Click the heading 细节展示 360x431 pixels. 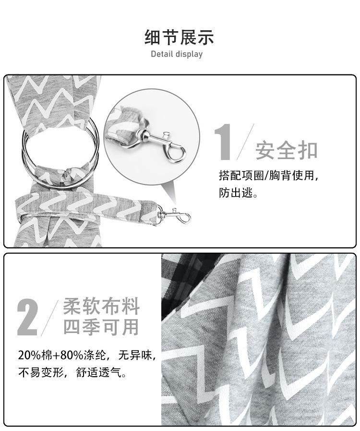pyautogui.click(x=180, y=37)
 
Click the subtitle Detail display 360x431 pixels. pyautogui.click(x=177, y=54)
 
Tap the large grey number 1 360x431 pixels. pyautogui.click(x=224, y=142)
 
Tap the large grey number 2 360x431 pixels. pyautogui.click(x=27, y=317)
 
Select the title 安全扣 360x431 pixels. pyautogui.click(x=287, y=150)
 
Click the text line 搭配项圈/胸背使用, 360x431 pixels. pyautogui.click(x=268, y=175)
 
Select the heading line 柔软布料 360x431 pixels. pyautogui.click(x=101, y=306)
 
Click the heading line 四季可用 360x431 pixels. pyautogui.click(x=101, y=327)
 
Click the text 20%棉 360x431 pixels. pyautogui.click(x=35, y=356)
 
